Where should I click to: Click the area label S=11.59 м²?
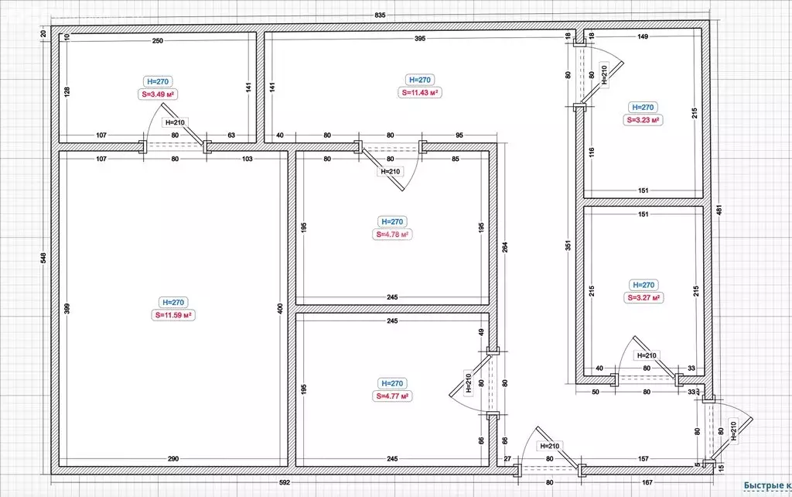click(173, 315)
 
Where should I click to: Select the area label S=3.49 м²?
click(158, 94)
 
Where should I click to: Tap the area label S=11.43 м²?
click(420, 93)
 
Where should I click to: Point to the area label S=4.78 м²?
click(392, 235)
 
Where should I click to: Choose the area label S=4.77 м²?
click(392, 396)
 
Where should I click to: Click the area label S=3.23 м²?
click(643, 120)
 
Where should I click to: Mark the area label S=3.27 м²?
click(643, 298)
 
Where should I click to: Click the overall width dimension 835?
click(381, 15)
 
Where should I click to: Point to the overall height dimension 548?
click(43, 258)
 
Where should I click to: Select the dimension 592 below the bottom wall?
click(285, 482)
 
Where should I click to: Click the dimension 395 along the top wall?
click(420, 39)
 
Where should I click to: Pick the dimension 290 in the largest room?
click(173, 459)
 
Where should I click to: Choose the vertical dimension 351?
click(568, 245)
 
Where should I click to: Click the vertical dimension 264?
click(505, 247)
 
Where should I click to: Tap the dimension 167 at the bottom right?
click(647, 482)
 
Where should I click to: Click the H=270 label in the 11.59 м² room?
click(173, 303)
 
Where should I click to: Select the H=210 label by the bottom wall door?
click(550, 446)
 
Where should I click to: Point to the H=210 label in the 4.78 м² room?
click(391, 171)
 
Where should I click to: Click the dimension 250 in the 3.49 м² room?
click(158, 41)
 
